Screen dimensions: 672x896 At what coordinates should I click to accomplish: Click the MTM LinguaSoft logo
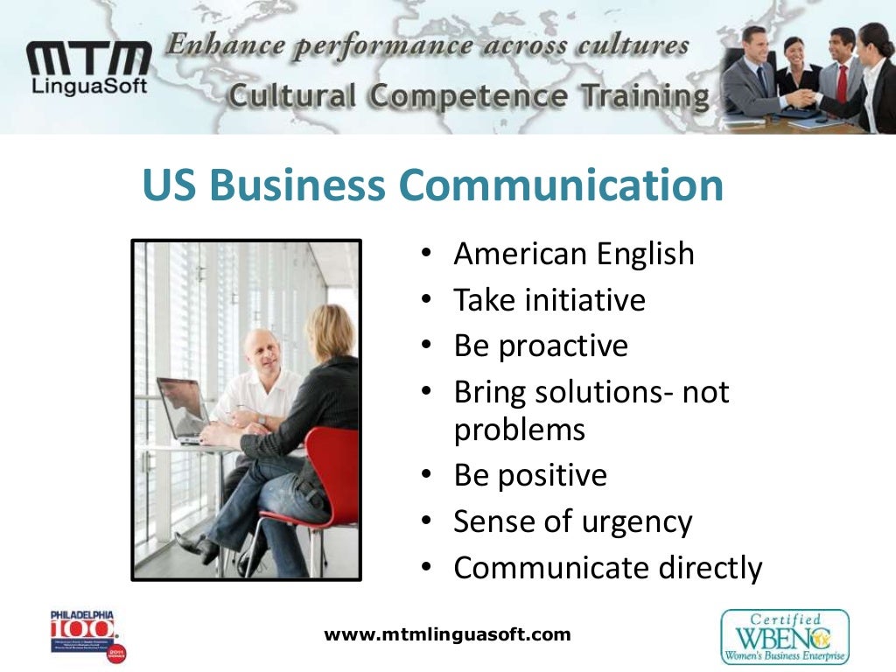(88, 67)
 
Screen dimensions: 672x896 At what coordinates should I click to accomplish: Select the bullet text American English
(573, 254)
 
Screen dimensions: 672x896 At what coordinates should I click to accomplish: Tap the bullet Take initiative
(549, 300)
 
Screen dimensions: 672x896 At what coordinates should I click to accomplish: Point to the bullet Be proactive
(540, 346)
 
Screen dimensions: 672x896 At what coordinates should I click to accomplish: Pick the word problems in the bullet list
(519, 430)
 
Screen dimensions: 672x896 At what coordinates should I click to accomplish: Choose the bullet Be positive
(529, 476)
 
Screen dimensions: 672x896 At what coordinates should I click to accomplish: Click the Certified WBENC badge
(784, 636)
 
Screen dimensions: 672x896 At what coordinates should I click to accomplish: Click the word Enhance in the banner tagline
(222, 44)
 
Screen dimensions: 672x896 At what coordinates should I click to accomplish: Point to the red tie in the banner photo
(841, 84)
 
